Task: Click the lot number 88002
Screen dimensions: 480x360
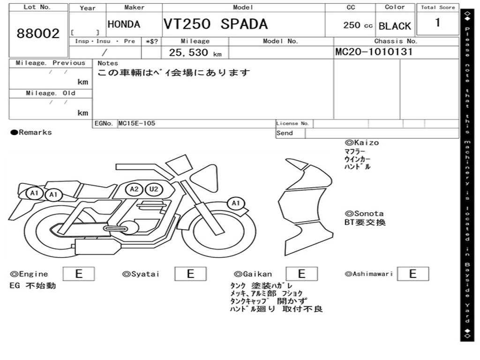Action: pyautogui.click(x=38, y=34)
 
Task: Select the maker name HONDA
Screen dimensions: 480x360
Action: pyautogui.click(x=124, y=24)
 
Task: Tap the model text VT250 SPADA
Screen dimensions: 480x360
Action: pyautogui.click(x=215, y=24)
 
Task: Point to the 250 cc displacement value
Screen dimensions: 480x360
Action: pyautogui.click(x=358, y=25)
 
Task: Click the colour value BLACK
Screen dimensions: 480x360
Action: pyautogui.click(x=395, y=26)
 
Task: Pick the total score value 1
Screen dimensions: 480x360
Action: pyautogui.click(x=438, y=22)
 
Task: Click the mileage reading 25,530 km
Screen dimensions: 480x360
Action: pyautogui.click(x=195, y=52)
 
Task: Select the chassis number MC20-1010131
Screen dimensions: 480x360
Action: pyautogui.click(x=374, y=52)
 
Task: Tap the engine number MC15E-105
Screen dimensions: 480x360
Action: pyautogui.click(x=136, y=124)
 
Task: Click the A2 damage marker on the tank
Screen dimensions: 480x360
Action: pyautogui.click(x=135, y=189)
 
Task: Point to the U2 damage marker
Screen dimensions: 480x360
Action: pyautogui.click(x=152, y=189)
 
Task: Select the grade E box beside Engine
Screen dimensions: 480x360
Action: pyautogui.click(x=78, y=274)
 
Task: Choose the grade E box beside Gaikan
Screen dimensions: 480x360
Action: pyautogui.click(x=301, y=274)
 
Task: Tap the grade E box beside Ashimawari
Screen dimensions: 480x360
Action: pyautogui.click(x=412, y=274)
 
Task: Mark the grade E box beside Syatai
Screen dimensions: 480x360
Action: pyautogui.click(x=190, y=274)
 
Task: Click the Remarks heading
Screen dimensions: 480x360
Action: pyautogui.click(x=31, y=133)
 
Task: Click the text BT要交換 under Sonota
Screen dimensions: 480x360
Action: pyautogui.click(x=365, y=223)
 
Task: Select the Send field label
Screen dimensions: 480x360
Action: pyautogui.click(x=285, y=133)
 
